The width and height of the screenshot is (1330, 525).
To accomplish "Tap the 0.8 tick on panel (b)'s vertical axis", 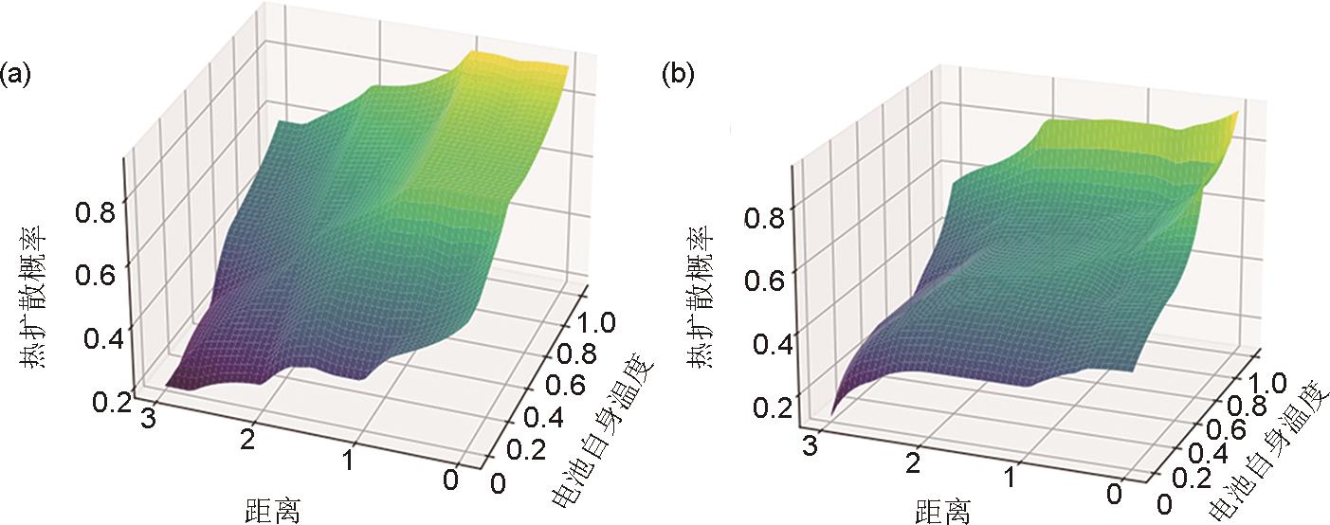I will click(x=764, y=219).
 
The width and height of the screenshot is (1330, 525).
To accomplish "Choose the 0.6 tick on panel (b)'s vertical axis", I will click(x=764, y=281).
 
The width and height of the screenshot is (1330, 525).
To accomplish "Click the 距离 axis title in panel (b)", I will click(x=942, y=512).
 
